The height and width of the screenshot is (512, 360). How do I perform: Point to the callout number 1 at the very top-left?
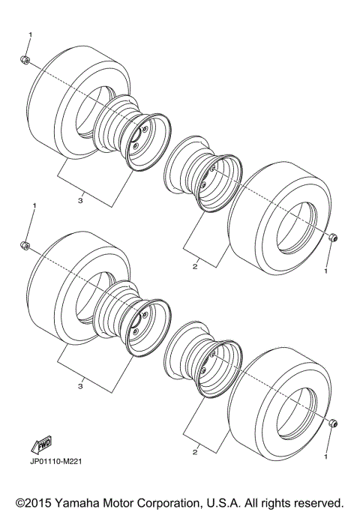tap(31, 34)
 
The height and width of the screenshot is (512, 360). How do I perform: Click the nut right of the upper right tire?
tap(332, 238)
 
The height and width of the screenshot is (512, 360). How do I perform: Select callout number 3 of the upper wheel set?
tap(79, 200)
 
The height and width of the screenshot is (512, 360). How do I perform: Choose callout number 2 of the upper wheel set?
tap(194, 265)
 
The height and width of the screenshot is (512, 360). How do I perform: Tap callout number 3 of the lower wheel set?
tap(79, 385)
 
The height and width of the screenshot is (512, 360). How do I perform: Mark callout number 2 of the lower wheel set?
tap(194, 451)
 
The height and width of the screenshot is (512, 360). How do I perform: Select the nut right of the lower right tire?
tap(332, 424)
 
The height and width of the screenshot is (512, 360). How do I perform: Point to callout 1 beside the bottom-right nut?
tap(326, 455)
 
